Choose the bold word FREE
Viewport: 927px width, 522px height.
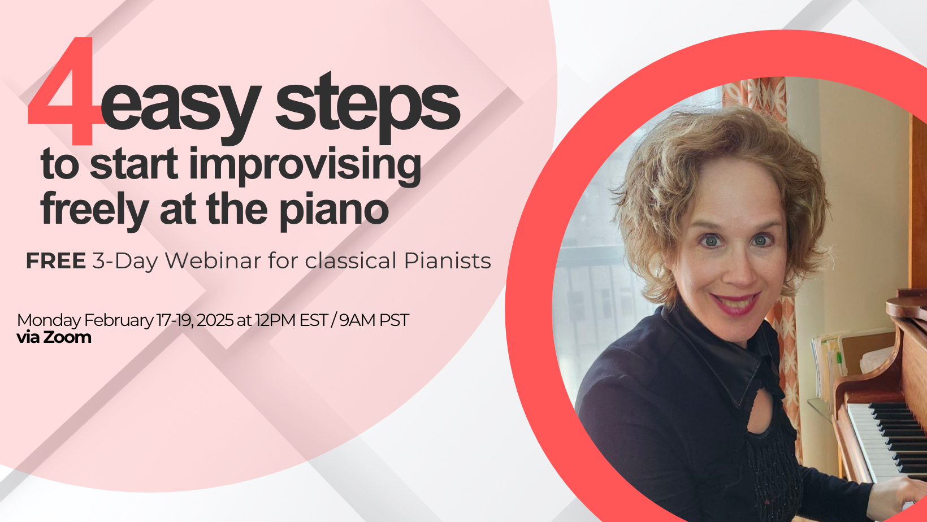point(56,261)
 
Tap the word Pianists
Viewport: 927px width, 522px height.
point(448,261)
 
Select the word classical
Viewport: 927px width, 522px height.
point(350,261)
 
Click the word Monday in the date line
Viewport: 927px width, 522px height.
point(49,320)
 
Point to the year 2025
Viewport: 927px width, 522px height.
point(215,320)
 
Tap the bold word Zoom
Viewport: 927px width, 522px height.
point(67,337)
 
